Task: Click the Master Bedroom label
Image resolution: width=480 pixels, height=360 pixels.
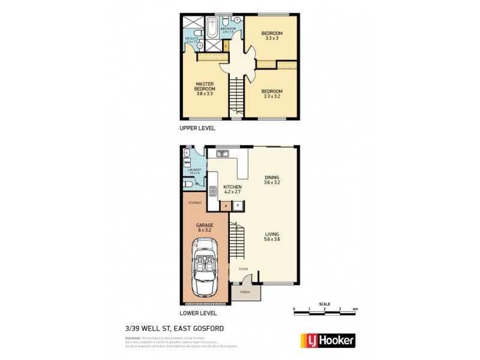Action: [x=205, y=88]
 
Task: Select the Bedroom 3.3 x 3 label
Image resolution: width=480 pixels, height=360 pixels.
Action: [x=272, y=35]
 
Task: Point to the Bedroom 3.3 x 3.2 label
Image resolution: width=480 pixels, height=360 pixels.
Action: [x=272, y=94]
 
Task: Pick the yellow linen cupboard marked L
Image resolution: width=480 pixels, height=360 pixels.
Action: [x=226, y=46]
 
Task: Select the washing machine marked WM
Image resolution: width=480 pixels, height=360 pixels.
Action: [x=187, y=162]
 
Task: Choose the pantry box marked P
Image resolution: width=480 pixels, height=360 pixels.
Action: [x=226, y=206]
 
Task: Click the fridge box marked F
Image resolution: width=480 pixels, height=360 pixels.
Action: [x=238, y=206]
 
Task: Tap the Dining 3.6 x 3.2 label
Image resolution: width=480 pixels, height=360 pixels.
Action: [x=272, y=179]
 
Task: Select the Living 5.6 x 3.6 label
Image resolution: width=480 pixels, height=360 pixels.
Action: [x=272, y=236]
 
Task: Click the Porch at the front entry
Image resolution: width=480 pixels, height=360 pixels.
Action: [x=245, y=292]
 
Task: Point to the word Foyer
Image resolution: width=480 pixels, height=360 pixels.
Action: [x=244, y=269]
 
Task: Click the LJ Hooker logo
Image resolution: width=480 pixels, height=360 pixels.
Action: [x=327, y=340]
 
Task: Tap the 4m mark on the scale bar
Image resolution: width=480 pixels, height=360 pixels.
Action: [x=355, y=308]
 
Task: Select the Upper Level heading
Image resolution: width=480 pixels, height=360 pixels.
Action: [x=197, y=128]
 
